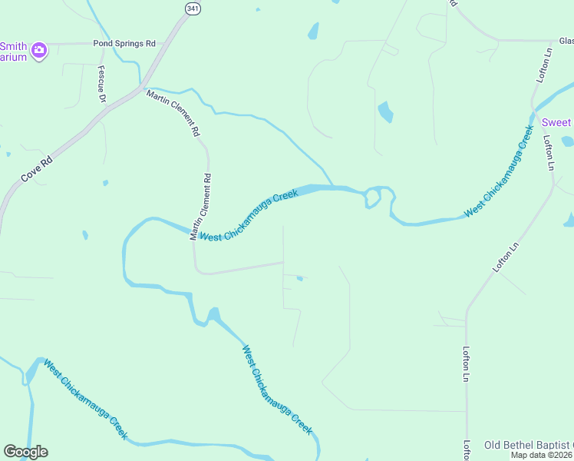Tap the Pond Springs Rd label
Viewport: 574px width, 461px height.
click(124, 44)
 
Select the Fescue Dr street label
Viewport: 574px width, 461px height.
click(101, 83)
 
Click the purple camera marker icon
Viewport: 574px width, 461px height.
click(40, 51)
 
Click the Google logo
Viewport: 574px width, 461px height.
click(25, 452)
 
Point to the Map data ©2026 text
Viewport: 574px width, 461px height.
click(542, 455)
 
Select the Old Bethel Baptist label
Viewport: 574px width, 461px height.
click(528, 446)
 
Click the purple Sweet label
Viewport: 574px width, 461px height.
click(557, 123)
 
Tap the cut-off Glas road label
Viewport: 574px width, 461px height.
click(566, 41)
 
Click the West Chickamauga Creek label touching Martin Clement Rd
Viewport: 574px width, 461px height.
click(249, 216)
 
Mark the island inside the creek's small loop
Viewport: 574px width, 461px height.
click(373, 197)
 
